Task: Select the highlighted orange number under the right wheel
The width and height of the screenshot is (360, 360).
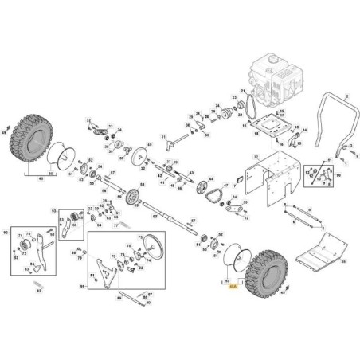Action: click(x=233, y=295)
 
